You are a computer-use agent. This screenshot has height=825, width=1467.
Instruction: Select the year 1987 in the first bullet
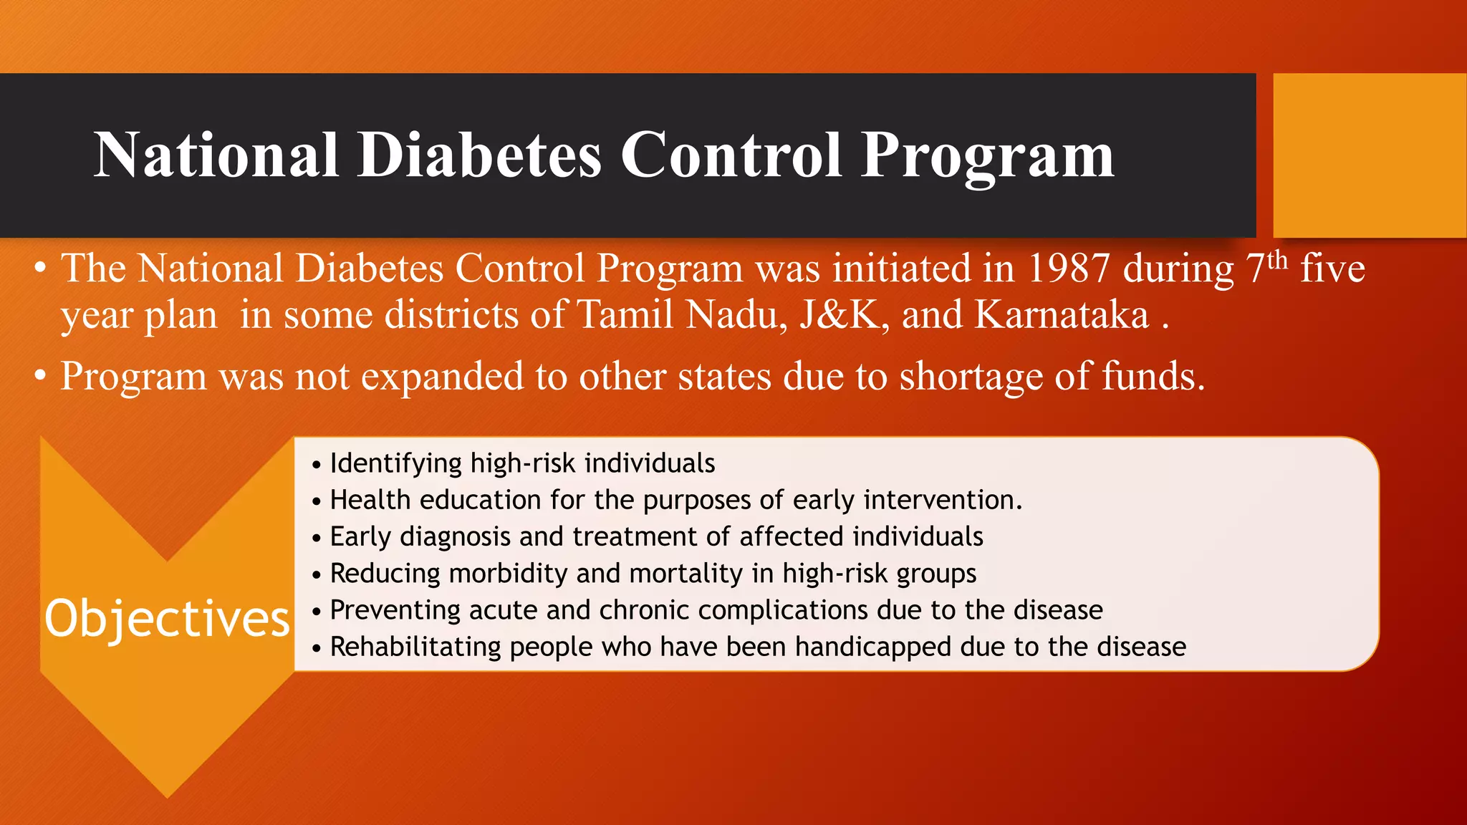pyautogui.click(x=1068, y=269)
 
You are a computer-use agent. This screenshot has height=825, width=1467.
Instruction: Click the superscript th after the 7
pyautogui.click(x=1277, y=259)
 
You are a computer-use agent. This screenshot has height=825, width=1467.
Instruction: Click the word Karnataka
pyautogui.click(x=1062, y=315)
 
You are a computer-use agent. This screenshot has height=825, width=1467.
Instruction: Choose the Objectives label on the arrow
pyautogui.click(x=167, y=619)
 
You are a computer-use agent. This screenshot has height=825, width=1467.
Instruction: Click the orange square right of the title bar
pyautogui.click(x=1369, y=155)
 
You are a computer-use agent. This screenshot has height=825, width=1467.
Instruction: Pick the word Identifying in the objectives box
pyautogui.click(x=395, y=463)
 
